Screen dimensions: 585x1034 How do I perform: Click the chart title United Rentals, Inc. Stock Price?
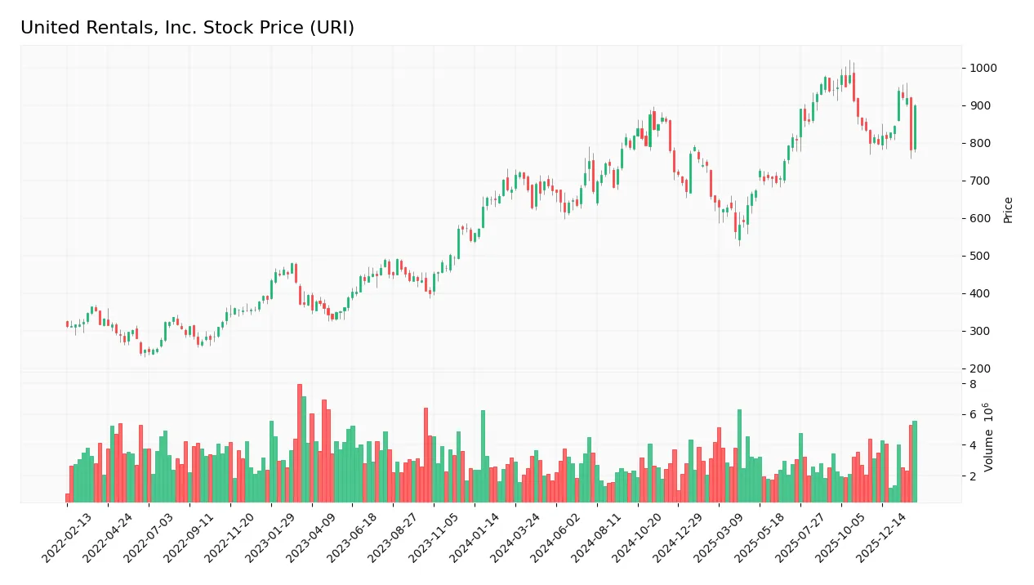tap(187, 28)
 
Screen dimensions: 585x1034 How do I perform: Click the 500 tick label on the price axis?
tap(980, 256)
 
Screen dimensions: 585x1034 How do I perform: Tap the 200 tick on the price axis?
tap(980, 368)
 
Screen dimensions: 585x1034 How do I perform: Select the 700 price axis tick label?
tap(980, 181)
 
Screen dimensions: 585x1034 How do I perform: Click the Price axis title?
tap(1008, 209)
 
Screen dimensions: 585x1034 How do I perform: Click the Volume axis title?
tap(989, 436)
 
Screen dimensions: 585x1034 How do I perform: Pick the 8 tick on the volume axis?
tap(973, 384)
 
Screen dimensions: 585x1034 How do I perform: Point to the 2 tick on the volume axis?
tap(973, 476)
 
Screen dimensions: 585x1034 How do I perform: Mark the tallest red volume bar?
tap(300, 443)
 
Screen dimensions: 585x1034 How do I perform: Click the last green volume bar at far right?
tap(915, 462)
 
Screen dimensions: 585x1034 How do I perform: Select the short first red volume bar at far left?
tap(68, 498)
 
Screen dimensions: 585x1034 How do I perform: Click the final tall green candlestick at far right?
tap(915, 127)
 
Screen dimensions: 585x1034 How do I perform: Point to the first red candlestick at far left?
tap(68, 324)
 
